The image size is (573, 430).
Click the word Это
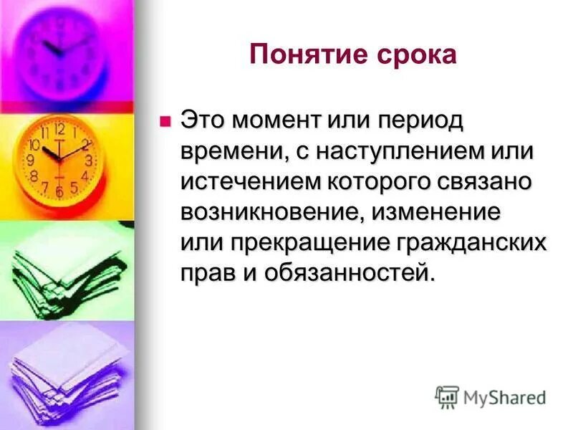pos(204,121)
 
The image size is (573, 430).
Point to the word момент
pos(280,121)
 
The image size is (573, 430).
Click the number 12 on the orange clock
pos(59,130)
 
